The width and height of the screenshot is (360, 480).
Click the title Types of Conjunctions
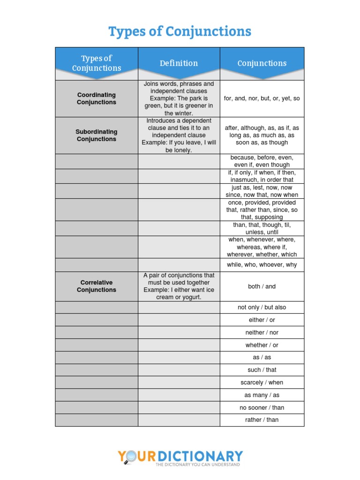click(x=180, y=31)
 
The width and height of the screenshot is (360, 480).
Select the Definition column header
click(x=179, y=63)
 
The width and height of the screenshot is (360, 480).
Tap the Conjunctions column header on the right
click(x=262, y=63)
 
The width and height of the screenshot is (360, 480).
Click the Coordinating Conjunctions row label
click(x=97, y=98)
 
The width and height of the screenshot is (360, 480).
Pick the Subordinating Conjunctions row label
click(x=97, y=135)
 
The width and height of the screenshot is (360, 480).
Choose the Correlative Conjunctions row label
click(x=97, y=286)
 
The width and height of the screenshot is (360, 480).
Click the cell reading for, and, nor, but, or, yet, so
click(x=262, y=98)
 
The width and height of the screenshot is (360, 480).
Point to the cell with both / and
click(x=262, y=286)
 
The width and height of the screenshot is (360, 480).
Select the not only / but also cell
click(x=262, y=307)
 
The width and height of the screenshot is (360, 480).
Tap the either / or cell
click(x=262, y=320)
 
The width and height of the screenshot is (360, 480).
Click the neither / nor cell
click(x=262, y=332)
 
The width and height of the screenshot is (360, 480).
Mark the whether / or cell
click(x=262, y=345)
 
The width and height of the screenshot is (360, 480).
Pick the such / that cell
click(x=262, y=370)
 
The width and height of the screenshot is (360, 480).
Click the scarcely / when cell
click(x=262, y=382)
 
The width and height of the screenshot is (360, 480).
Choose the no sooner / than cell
click(x=262, y=407)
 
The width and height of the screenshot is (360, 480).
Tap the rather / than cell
click(x=262, y=420)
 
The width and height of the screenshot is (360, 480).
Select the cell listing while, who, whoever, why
click(x=262, y=265)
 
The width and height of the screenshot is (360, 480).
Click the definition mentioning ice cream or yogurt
click(x=179, y=286)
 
